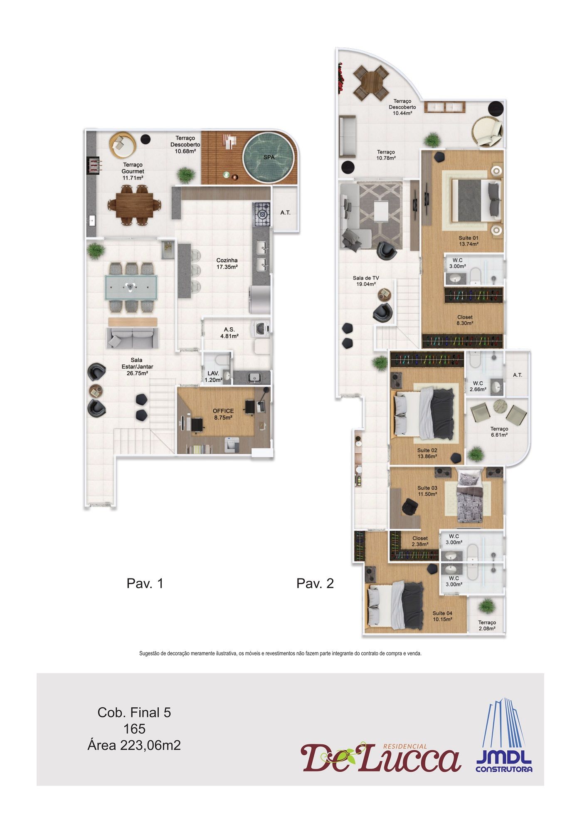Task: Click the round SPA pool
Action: (269, 157)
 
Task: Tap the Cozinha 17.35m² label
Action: (227, 264)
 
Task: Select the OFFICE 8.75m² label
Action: (223, 414)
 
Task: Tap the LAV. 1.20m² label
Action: (213, 377)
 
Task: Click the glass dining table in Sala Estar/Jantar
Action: (132, 287)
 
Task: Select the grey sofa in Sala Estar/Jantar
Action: (132, 338)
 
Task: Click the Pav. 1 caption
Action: (145, 583)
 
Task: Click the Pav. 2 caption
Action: (315, 583)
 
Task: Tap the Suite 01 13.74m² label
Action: (469, 241)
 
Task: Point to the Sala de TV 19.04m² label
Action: (366, 281)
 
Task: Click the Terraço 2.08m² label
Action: (487, 625)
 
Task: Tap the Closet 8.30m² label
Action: (465, 320)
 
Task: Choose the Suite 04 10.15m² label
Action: (442, 616)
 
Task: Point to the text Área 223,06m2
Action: (134, 745)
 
